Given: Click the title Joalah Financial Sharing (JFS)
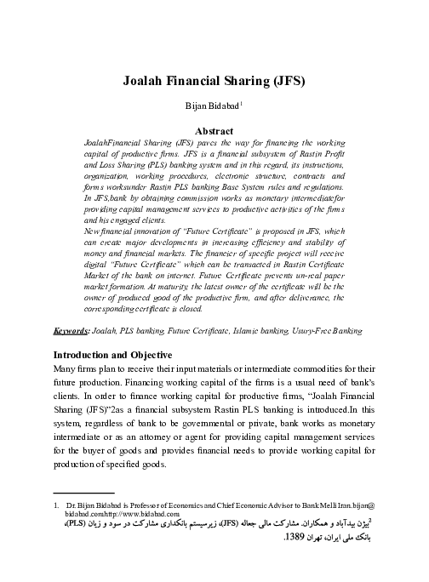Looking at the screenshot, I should pyautogui.click(x=214, y=83).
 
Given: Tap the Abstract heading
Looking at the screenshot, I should pyautogui.click(x=214, y=133).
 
